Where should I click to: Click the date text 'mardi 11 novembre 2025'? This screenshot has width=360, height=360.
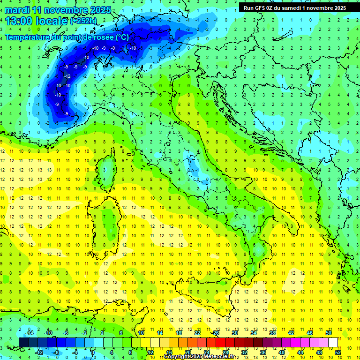point(58,10)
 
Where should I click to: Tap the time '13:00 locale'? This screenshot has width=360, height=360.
point(37,21)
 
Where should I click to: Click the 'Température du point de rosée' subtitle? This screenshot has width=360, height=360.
point(67,37)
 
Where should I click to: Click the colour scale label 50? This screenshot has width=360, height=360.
point(328,332)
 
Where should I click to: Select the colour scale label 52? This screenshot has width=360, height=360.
point(337,352)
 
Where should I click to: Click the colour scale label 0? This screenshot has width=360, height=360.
point(93,352)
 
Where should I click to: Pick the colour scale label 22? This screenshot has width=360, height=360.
point(197,332)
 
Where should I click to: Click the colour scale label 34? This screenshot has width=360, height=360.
point(253,332)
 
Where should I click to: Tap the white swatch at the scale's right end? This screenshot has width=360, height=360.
point(333,342)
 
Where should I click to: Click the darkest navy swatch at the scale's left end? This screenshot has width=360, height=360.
point(24,342)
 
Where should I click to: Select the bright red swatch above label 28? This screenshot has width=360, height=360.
point(220,342)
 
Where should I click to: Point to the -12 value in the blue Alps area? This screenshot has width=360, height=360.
point(68,76)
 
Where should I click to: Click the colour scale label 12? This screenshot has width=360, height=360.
point(150,352)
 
